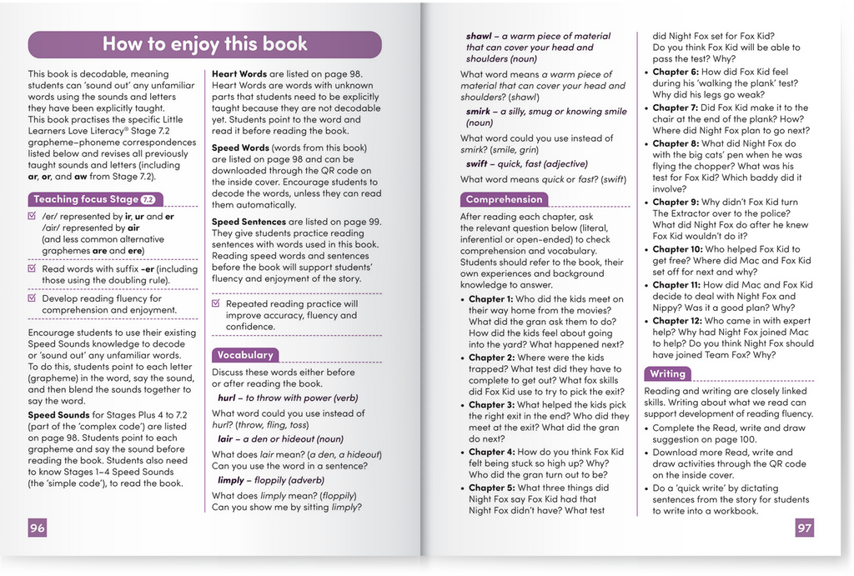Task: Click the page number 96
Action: (37, 528)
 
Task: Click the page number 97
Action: (803, 528)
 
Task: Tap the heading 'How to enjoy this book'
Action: (204, 44)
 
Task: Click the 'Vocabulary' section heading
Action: (245, 354)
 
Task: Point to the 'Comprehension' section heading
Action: (504, 199)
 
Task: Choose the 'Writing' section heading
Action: (667, 373)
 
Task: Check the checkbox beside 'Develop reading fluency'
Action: (33, 298)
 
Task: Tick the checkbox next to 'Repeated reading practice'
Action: (217, 304)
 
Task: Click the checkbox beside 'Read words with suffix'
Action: (33, 269)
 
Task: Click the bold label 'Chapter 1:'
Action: (490, 299)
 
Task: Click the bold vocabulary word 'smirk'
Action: (479, 111)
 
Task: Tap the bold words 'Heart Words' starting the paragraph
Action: (239, 74)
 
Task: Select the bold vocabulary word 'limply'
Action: (231, 481)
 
